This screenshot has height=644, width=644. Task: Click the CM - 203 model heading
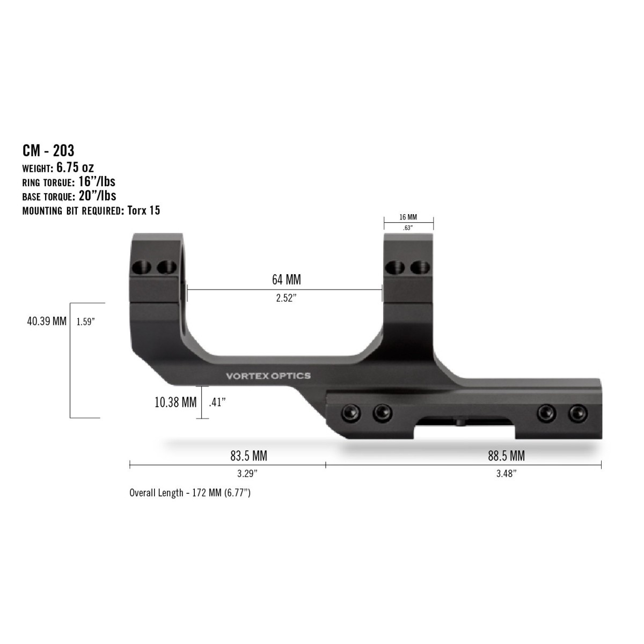[48, 150]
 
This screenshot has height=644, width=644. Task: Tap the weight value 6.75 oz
[75, 167]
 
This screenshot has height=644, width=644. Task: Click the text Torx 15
[143, 210]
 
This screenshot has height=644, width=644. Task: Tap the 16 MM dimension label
[408, 217]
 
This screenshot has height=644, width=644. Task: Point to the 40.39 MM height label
[47, 321]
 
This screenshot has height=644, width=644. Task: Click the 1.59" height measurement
[85, 322]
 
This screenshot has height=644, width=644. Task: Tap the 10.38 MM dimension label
[175, 402]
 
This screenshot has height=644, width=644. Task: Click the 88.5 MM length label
[506, 456]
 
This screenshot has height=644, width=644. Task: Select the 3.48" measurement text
[506, 473]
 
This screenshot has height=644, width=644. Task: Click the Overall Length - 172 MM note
[190, 493]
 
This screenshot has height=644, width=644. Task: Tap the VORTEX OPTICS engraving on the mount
[268, 376]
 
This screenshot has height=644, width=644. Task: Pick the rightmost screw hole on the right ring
[420, 266]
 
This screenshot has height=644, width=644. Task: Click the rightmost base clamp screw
[576, 412]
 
